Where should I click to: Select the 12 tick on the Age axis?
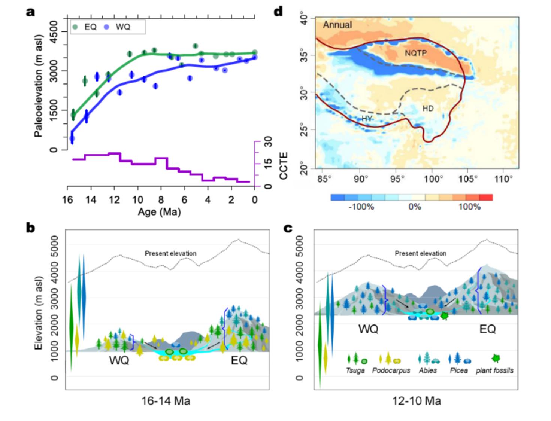(114, 200)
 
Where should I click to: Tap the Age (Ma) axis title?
(159, 212)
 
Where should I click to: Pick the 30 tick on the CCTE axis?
(268, 142)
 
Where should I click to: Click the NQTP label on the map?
(415, 53)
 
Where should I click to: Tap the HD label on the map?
(428, 109)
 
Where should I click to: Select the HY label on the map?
(367, 118)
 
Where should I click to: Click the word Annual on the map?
(337, 25)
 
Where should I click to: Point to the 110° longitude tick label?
(503, 179)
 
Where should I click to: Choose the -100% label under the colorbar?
(361, 207)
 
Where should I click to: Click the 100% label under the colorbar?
(469, 207)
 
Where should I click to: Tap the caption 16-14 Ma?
(166, 401)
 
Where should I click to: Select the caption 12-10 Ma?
(416, 401)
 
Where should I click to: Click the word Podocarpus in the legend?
(391, 370)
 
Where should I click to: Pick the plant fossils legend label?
(494, 370)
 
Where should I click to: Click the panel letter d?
(278, 12)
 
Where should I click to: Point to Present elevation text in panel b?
(170, 253)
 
